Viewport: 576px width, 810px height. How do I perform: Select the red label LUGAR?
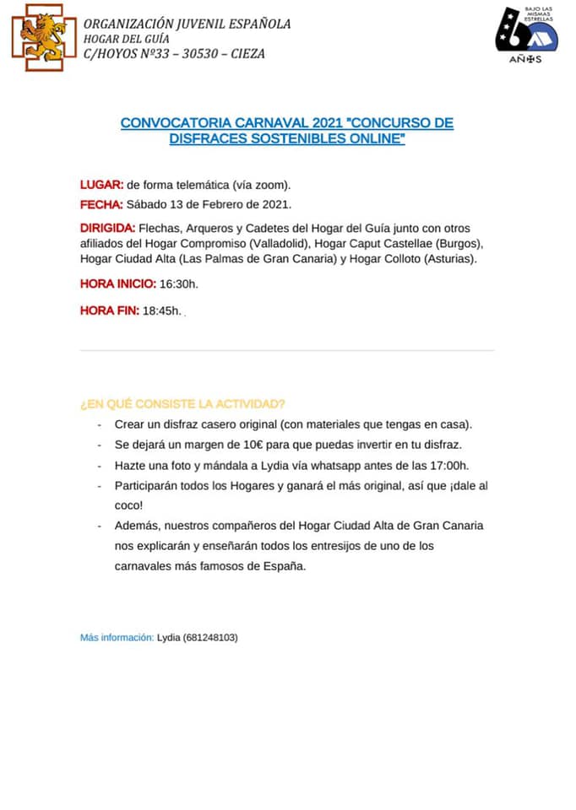point(101,185)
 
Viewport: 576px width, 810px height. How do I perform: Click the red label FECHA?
point(101,204)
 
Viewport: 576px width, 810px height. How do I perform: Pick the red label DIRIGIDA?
point(107,229)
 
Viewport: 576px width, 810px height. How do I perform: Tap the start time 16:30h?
point(178,284)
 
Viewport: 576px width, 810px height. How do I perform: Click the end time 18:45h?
point(161,311)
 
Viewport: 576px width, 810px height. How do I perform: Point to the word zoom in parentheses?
point(274,185)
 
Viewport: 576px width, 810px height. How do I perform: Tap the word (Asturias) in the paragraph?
point(448,259)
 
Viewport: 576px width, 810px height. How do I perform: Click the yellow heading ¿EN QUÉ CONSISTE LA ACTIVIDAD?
point(182,403)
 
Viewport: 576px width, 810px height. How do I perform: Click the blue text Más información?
point(117,638)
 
